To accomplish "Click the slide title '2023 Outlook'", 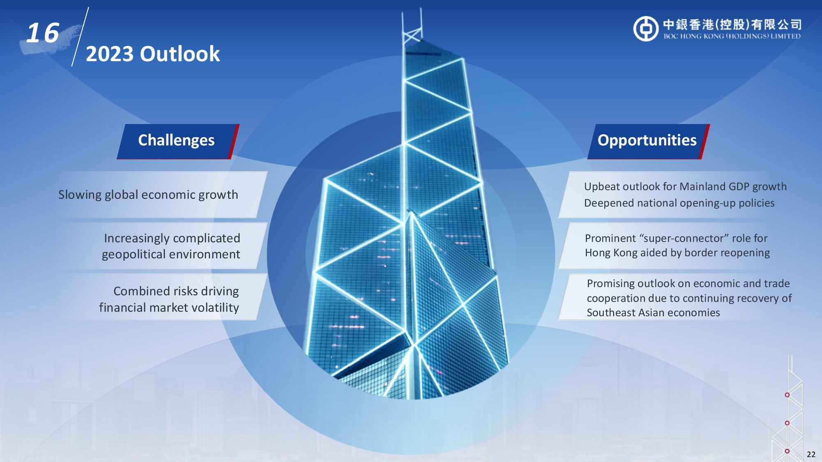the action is pos(152,54).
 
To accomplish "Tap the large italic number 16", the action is pos(43,33).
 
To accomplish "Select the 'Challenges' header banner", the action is pos(178,141).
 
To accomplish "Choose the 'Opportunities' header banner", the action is pos(648,141).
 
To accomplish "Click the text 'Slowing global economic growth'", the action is pos(148,195).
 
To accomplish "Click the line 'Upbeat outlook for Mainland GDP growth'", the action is pos(685,186).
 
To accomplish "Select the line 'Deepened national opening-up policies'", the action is pos(679,203).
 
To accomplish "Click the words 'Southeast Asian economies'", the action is pos(653,313).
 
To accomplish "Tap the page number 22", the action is pos(811,454).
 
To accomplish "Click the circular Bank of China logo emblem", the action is pos(646,29).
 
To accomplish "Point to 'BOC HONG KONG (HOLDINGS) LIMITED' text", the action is pos(732,36).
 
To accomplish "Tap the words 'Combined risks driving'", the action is pos(176,291).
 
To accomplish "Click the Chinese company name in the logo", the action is pos(732,24).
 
